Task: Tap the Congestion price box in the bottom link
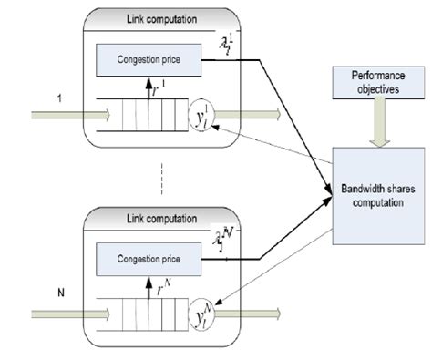[149, 259]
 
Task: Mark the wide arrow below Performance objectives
[376, 126]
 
